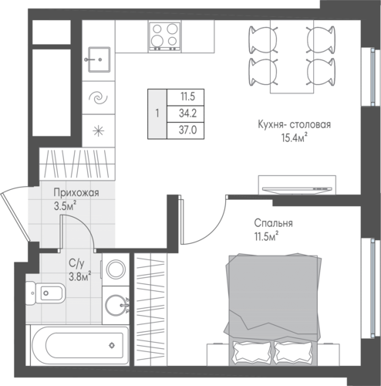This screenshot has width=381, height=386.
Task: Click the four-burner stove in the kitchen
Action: (x=164, y=36)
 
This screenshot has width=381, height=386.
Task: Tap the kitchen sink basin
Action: (x=99, y=59)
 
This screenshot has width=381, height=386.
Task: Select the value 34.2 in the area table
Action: (x=187, y=113)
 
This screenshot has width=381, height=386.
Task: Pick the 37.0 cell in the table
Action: (x=187, y=130)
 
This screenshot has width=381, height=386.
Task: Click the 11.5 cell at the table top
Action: (x=187, y=97)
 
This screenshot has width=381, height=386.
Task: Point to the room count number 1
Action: (x=157, y=113)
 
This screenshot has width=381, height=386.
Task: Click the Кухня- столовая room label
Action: (x=294, y=125)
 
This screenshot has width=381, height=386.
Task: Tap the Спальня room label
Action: (x=273, y=223)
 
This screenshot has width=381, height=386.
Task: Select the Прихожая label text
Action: (x=76, y=193)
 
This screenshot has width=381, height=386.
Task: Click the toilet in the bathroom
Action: (x=46, y=293)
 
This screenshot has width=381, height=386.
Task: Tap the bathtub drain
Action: (x=112, y=345)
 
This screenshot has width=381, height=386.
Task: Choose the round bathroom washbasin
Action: (x=116, y=306)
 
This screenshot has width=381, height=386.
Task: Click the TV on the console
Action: (x=297, y=189)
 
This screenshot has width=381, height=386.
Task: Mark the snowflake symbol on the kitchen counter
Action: (x=99, y=131)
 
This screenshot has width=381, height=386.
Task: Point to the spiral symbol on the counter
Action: (x=98, y=98)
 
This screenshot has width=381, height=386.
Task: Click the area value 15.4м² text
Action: (x=295, y=137)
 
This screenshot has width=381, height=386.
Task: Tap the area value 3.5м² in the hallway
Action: (x=65, y=206)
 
